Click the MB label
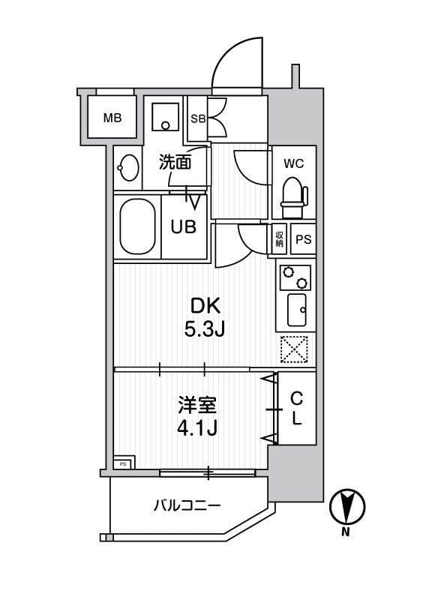pos(112,118)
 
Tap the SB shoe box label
pos(197,118)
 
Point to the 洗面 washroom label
pos(175,161)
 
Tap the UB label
pos(184,226)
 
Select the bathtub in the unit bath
pos(136,226)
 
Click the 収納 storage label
pos(279,239)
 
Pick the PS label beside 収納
pos(302,240)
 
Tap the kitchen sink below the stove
pos(295,310)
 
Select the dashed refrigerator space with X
pos(295,349)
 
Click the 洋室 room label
pos(197,406)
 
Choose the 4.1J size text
pos(197,430)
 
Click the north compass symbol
pos(346,507)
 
